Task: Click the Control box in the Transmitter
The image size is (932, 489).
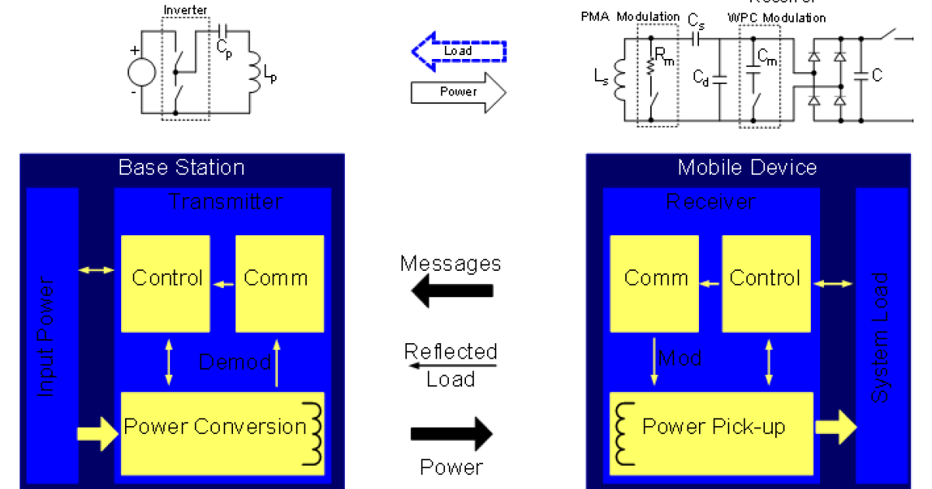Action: (165, 279)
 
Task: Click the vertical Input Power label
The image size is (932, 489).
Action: (47, 338)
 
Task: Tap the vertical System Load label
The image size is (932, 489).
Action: (880, 338)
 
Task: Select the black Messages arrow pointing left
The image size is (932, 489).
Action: (452, 291)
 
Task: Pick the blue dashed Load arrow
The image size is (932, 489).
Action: (458, 51)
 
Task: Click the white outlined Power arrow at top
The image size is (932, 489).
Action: (458, 92)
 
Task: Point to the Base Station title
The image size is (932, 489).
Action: (181, 168)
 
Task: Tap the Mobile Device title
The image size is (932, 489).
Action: (747, 168)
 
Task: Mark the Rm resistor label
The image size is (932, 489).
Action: (664, 55)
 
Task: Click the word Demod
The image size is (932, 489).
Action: (235, 362)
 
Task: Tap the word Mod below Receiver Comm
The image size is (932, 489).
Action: (680, 359)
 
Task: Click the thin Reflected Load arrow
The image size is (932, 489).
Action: (452, 365)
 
